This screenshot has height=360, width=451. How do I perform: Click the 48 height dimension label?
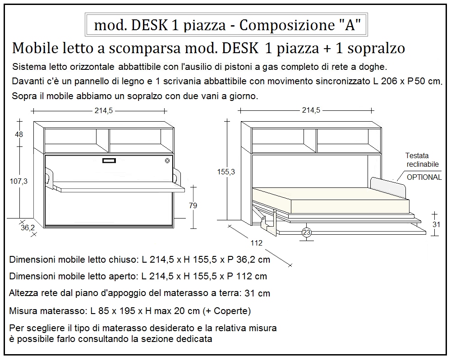tap(18, 134)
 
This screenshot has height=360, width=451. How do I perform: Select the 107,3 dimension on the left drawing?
tap(18, 181)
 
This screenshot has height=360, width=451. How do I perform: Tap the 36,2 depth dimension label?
tap(28, 228)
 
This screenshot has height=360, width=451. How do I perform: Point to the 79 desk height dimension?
tap(193, 205)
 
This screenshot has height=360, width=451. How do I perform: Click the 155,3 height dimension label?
tap(225, 172)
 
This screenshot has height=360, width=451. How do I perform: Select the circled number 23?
tap(307, 232)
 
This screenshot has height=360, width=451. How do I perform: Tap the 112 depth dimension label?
tap(256, 243)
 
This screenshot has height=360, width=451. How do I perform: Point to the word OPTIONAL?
tap(424, 177)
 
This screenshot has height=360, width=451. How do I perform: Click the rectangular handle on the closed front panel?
tap(110, 161)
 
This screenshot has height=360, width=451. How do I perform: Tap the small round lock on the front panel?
tap(167, 161)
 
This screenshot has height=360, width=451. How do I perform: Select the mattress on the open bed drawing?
tap(329, 201)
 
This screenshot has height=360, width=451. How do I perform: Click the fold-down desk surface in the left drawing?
tap(117, 187)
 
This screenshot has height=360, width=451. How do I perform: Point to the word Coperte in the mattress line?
tap(231, 311)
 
